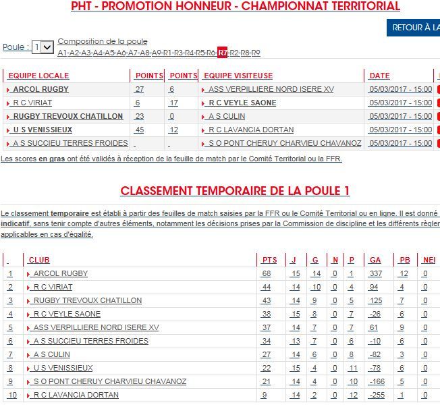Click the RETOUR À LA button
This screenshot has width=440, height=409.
(x=413, y=28)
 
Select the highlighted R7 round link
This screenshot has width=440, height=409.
(x=223, y=53)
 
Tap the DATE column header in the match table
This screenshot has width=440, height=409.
(x=380, y=76)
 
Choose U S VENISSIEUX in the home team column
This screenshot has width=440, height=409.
(x=43, y=130)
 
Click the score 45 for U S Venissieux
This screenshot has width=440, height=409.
(x=139, y=130)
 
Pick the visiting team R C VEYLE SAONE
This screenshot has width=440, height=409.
(x=242, y=103)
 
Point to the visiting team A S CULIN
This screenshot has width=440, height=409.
(x=227, y=116)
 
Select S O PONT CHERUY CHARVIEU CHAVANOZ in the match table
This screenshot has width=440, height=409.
(x=285, y=143)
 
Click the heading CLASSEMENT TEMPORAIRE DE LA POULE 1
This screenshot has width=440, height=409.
(x=235, y=191)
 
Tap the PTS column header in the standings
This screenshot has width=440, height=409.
(x=269, y=260)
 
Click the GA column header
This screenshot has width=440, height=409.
(x=375, y=260)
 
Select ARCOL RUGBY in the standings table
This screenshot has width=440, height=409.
(x=60, y=273)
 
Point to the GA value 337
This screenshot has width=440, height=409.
(x=376, y=273)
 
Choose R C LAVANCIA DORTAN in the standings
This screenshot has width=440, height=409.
(x=76, y=395)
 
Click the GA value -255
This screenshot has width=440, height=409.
(x=376, y=395)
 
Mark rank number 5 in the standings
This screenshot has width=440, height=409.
(x=10, y=327)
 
